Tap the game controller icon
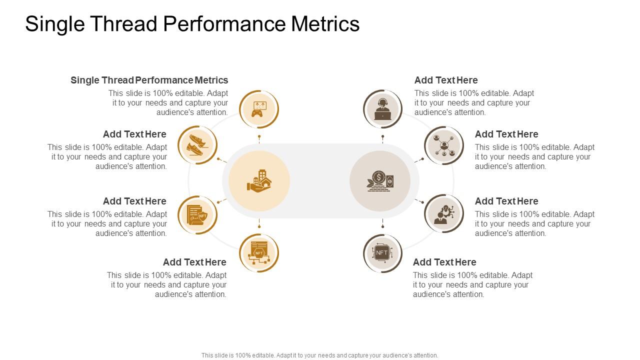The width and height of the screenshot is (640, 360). click(258, 109)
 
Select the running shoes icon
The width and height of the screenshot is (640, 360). click(197, 145)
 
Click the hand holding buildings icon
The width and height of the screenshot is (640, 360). click(259, 181)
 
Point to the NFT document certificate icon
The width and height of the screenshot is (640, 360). click(197, 215)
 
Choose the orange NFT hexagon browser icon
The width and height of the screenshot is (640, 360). click(258, 253)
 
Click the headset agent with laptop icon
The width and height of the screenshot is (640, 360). click(382, 109)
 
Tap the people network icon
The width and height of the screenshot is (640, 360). click(443, 145)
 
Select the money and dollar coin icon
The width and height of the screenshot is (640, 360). click(380, 181)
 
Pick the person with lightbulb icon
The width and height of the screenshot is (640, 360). click(443, 214)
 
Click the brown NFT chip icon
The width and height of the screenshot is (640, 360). click(382, 253)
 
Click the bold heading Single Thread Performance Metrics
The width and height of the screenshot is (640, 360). click(149, 80)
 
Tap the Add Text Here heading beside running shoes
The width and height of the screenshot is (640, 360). click(134, 134)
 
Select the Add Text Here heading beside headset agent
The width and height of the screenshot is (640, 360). click(446, 80)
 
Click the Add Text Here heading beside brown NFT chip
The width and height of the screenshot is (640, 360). click(444, 262)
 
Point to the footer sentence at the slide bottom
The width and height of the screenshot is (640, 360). click(320, 355)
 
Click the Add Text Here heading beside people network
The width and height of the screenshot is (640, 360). click(506, 134)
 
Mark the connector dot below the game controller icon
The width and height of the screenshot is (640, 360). click(259, 136)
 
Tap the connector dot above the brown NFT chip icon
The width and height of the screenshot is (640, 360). click(382, 226)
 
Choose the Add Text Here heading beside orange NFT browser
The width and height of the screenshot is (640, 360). click(194, 262)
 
